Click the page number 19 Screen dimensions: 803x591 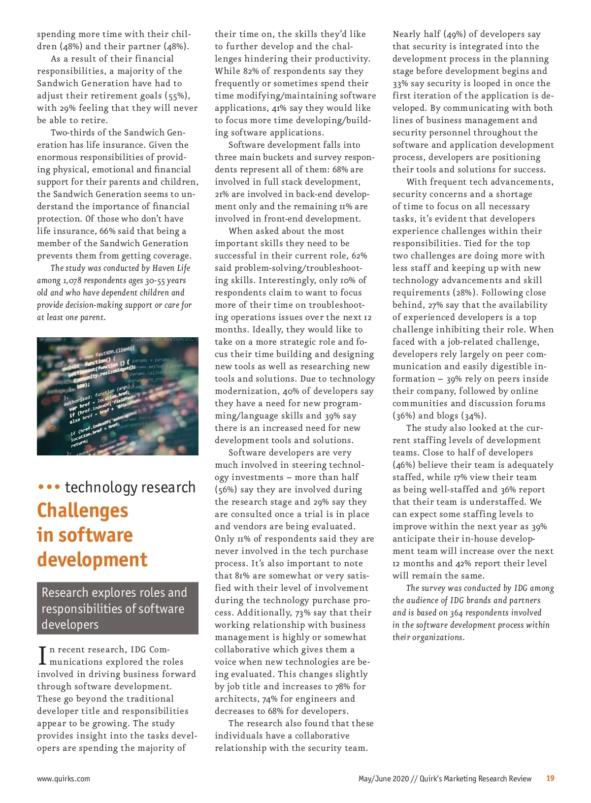click(x=550, y=778)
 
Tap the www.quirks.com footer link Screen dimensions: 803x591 click(x=64, y=779)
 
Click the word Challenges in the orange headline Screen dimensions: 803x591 click(x=82, y=511)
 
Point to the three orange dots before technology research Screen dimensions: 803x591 click(x=49, y=487)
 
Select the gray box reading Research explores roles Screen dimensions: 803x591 click(x=118, y=608)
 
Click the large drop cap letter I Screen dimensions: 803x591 click(x=42, y=655)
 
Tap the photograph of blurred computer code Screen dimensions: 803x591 click(x=118, y=396)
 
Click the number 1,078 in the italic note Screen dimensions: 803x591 click(x=72, y=281)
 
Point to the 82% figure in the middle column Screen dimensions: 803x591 click(x=251, y=71)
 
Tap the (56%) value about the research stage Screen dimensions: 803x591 click(x=226, y=490)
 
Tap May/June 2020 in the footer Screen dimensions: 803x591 click(x=384, y=779)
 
